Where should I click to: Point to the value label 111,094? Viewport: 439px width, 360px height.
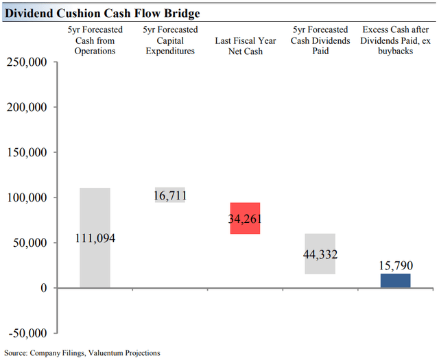coord(95,239)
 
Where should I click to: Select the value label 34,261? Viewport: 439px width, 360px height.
coord(245,219)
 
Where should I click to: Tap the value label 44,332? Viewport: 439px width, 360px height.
coord(320,254)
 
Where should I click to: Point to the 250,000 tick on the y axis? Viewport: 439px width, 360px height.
coord(27,62)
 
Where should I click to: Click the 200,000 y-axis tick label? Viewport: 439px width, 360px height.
coord(27,108)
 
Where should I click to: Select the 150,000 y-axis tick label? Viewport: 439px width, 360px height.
coord(27,153)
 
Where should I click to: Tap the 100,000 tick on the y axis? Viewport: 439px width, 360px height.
coord(27,198)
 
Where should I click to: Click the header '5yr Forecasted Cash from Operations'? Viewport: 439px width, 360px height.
coord(95,40)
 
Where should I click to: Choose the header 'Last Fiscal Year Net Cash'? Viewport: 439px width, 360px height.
coord(245,45)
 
